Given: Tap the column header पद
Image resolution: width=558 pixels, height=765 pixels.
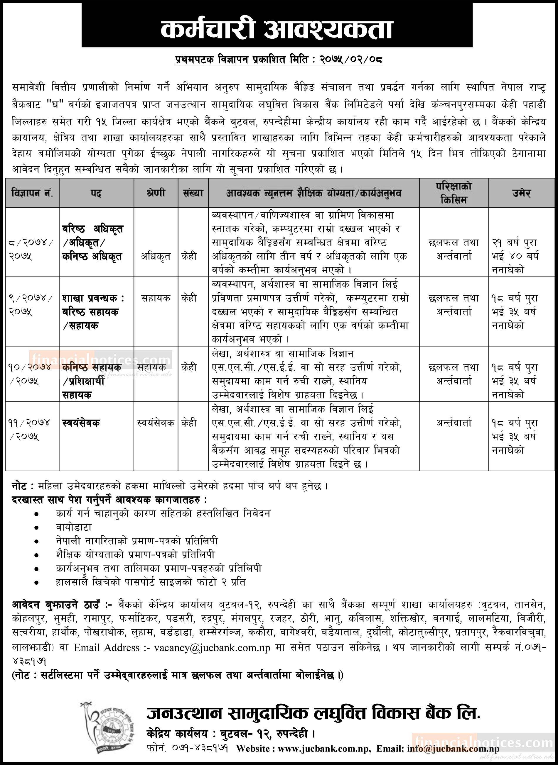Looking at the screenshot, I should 96,193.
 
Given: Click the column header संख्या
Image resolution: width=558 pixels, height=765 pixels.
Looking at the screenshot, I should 193,193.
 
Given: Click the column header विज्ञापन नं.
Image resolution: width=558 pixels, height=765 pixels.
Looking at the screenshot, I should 32,193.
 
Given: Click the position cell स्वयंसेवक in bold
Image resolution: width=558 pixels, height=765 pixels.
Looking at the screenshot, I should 81,423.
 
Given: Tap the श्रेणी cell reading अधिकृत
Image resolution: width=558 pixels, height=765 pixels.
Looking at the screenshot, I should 156,257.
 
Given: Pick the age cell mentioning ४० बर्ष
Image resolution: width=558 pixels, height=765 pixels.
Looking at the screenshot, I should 515,256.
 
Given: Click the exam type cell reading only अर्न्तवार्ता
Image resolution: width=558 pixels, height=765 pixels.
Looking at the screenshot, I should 454,423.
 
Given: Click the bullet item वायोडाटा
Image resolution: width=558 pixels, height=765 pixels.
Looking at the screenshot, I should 74,527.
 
